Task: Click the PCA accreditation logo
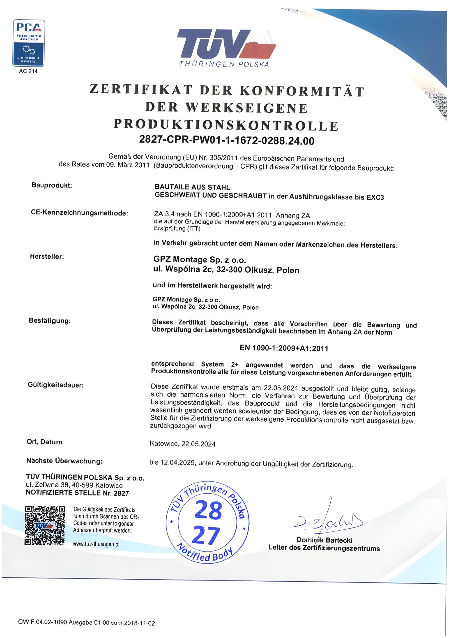[x=29, y=43]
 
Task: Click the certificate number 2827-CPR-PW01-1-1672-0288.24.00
[x=227, y=140]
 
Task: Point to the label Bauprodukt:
[x=52, y=185]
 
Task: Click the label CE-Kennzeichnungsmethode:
[x=79, y=213]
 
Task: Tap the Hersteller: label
[x=47, y=257]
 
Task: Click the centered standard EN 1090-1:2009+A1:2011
[x=284, y=348]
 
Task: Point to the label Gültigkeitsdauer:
[x=55, y=385]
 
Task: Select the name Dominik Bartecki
[x=324, y=540]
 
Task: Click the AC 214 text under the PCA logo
[x=28, y=71]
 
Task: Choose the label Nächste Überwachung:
[x=64, y=461]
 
